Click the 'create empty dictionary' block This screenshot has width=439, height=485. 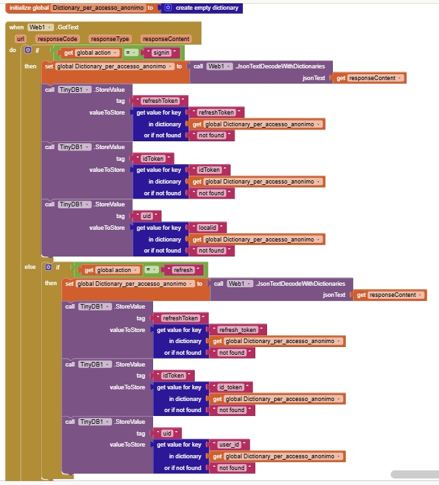(x=206, y=8)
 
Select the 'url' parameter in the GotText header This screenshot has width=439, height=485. (x=20, y=39)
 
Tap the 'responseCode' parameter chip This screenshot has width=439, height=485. (x=57, y=39)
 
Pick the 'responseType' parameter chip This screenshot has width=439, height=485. (x=109, y=39)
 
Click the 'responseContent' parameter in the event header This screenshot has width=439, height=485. (x=165, y=39)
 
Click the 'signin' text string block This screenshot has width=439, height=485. (x=164, y=52)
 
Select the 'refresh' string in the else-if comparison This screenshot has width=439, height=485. (x=183, y=270)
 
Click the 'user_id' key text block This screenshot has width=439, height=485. (x=229, y=445)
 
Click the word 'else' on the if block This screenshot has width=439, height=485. (x=30, y=267)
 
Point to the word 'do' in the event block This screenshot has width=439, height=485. (x=13, y=50)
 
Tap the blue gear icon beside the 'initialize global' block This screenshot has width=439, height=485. (x=168, y=8)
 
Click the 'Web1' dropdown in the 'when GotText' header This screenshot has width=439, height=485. (x=38, y=27)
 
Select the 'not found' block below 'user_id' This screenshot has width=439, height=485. (x=231, y=468)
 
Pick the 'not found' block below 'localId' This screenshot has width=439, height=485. (x=211, y=251)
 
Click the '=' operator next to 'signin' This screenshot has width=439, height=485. (x=130, y=52)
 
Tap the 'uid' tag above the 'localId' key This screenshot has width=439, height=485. (x=147, y=216)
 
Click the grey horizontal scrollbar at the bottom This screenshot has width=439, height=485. (x=414, y=475)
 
